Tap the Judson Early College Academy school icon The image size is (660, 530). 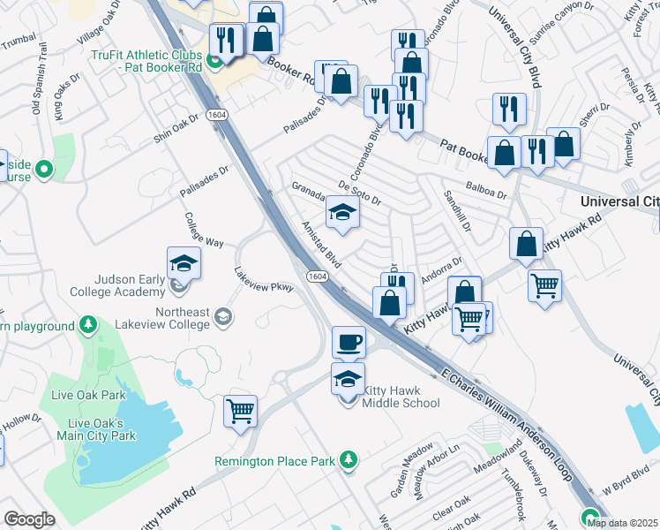[x=184, y=263]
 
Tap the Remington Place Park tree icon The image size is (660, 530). [x=350, y=459]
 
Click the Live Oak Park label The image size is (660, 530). [x=88, y=394]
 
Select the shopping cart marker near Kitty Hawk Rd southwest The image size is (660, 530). [x=240, y=412]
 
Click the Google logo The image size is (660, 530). [x=29, y=519]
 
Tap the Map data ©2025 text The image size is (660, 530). [x=622, y=522]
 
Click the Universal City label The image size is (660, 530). [x=619, y=201]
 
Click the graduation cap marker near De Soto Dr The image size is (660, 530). [x=342, y=213]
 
